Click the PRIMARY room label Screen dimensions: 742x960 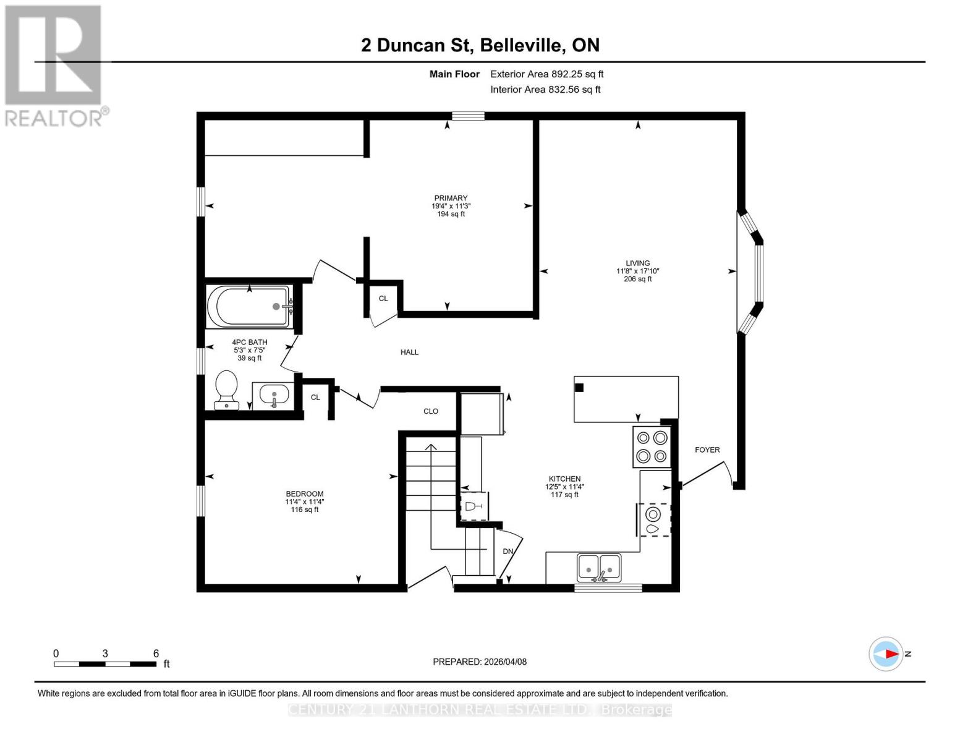(x=451, y=198)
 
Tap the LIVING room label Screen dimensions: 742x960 (x=637, y=263)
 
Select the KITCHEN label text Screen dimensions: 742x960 (x=564, y=479)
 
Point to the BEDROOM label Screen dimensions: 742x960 (x=304, y=494)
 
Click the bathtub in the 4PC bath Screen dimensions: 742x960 (x=249, y=306)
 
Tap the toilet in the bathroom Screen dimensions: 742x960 (x=226, y=389)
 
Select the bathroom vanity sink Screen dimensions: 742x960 (x=273, y=394)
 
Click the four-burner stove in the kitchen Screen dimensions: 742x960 (x=652, y=447)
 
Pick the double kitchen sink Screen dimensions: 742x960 (x=598, y=568)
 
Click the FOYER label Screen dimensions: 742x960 (x=707, y=450)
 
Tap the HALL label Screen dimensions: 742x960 (x=409, y=352)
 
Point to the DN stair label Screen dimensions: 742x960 (x=508, y=552)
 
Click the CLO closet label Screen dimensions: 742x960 (x=431, y=411)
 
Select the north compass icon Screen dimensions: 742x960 (x=886, y=654)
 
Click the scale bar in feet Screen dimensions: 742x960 (x=105, y=663)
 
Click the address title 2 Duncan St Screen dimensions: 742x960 (x=480, y=45)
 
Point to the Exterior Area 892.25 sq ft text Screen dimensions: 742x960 (x=546, y=74)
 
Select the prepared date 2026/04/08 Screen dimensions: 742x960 (x=480, y=662)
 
